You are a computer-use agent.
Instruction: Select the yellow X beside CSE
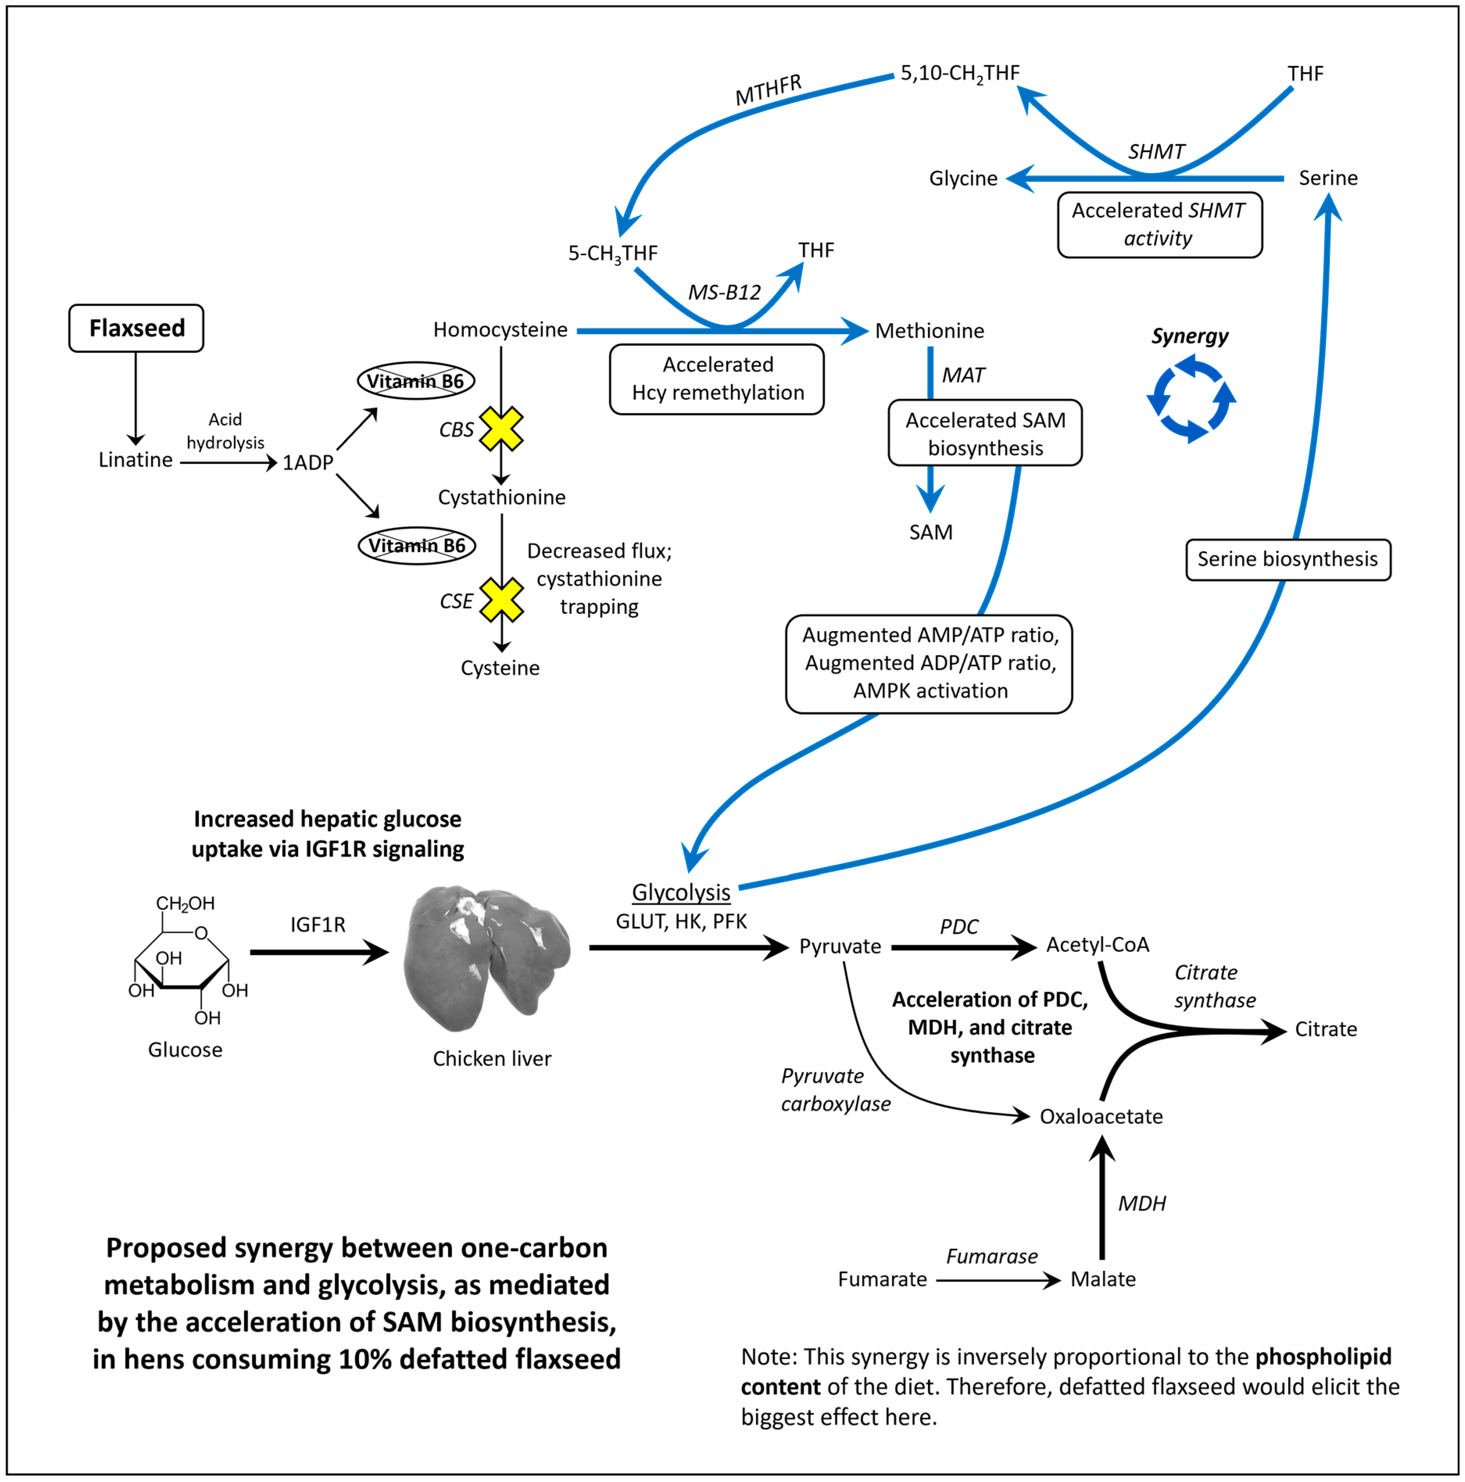tap(501, 600)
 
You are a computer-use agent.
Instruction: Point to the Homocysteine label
tap(500, 330)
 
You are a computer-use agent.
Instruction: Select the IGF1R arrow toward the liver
tap(318, 952)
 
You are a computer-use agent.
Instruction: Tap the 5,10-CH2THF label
tap(959, 73)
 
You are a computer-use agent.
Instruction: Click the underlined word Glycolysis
tap(680, 892)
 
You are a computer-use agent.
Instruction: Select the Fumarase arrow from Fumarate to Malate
tap(997, 1280)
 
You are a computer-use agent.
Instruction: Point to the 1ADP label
tap(308, 463)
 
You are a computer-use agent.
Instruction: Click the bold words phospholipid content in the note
tap(1323, 1357)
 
